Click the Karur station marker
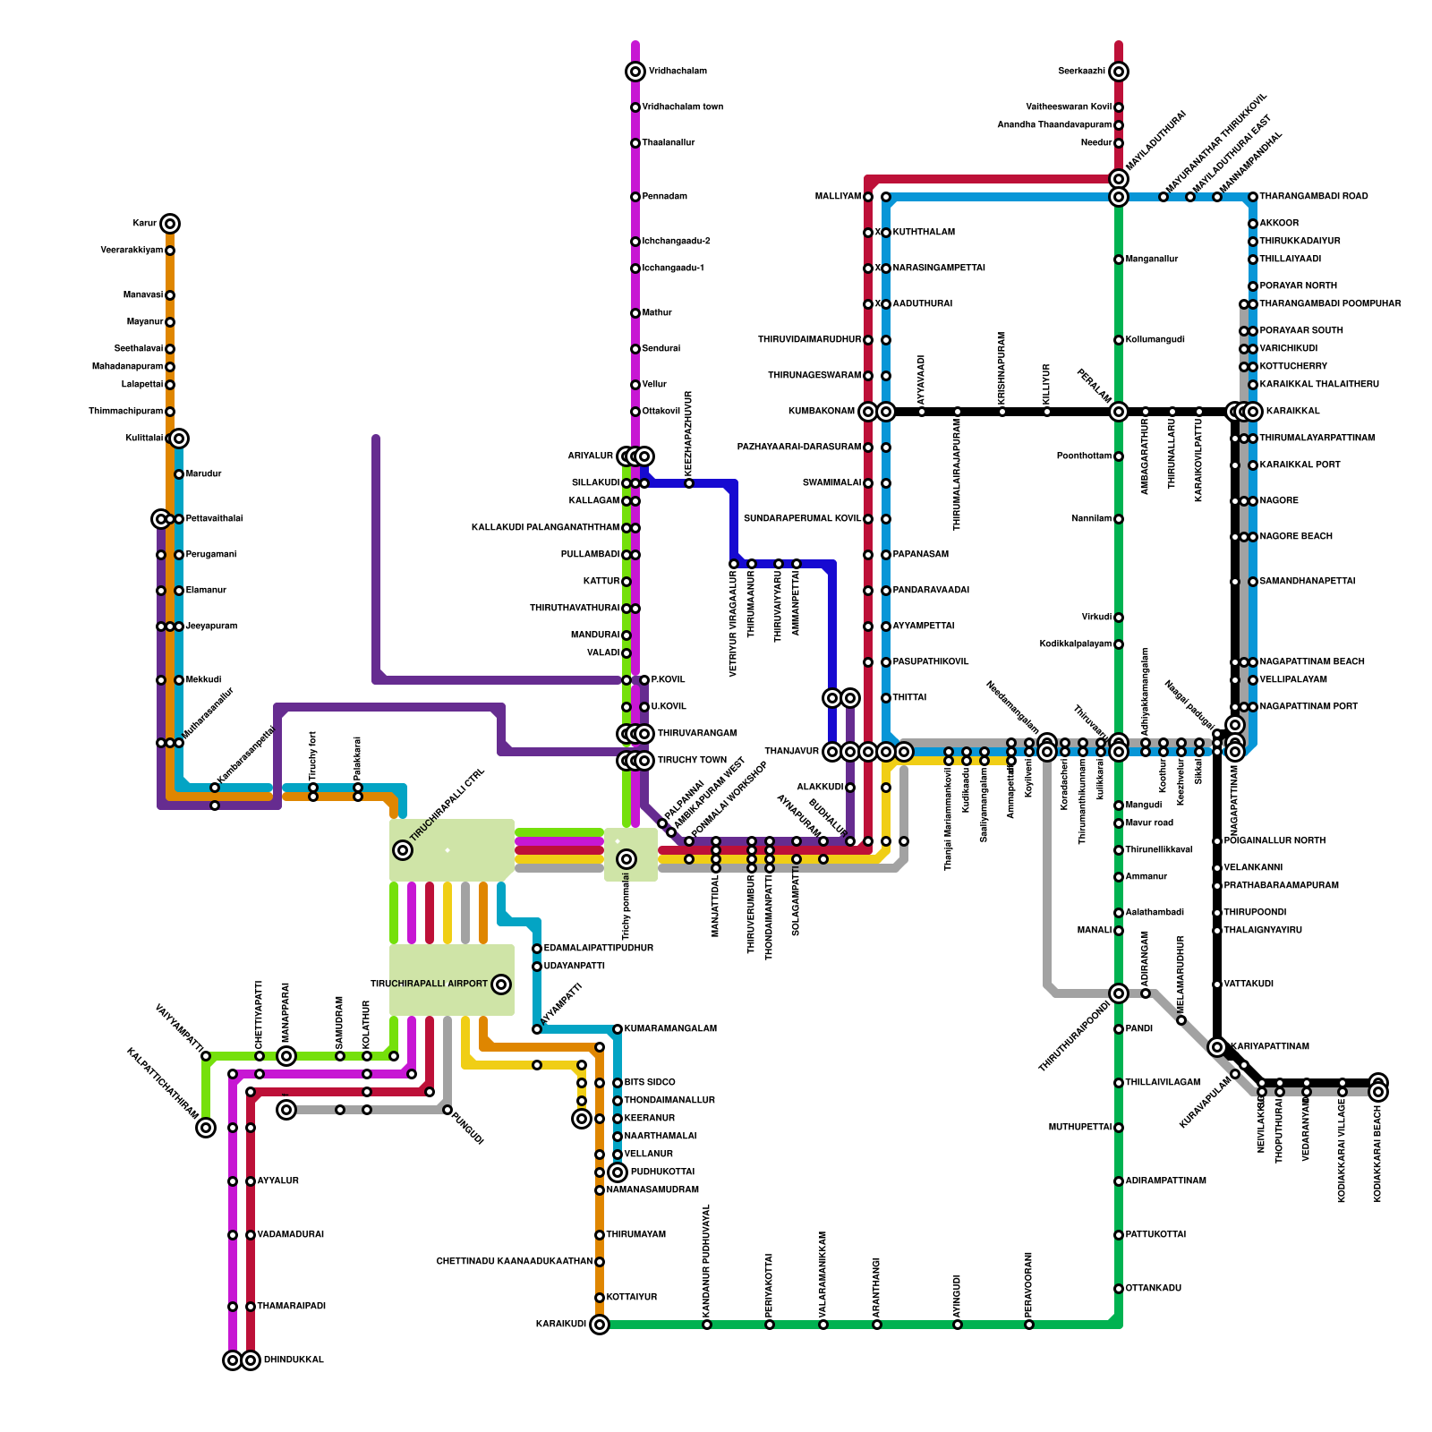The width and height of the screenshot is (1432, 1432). pyautogui.click(x=170, y=224)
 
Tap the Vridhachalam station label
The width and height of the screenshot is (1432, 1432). pyautogui.click(x=678, y=72)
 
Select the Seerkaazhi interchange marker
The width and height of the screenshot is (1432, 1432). pyautogui.click(x=1119, y=72)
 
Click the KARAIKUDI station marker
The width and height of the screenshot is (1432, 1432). pyautogui.click(x=600, y=1325)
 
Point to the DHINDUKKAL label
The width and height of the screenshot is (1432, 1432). pyautogui.click(x=294, y=1360)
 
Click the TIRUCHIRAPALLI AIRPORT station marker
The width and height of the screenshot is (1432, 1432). pyautogui.click(x=501, y=984)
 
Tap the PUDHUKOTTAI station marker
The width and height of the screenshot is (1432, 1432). pyautogui.click(x=618, y=1172)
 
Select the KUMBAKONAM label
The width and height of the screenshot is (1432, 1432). pyautogui.click(x=821, y=412)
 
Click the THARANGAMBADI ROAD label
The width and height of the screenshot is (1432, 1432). pyautogui.click(x=1314, y=197)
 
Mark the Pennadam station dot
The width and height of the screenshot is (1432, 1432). pyautogui.click(x=635, y=197)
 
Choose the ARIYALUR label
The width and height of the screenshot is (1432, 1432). pyautogui.click(x=591, y=456)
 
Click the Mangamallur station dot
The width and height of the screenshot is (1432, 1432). pyautogui.click(x=1119, y=260)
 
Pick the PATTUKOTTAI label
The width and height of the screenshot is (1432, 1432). pyautogui.click(x=1155, y=1235)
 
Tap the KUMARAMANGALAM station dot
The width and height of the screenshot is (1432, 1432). pyautogui.click(x=618, y=1029)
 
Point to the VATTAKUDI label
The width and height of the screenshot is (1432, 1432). pyautogui.click(x=1249, y=984)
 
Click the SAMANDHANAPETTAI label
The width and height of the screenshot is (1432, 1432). pyautogui.click(x=1308, y=582)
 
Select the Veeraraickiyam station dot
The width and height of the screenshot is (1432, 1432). pyautogui.click(x=170, y=251)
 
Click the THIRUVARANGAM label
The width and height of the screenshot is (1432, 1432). pyautogui.click(x=697, y=734)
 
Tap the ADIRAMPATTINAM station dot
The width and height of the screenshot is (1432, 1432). pyautogui.click(x=1119, y=1181)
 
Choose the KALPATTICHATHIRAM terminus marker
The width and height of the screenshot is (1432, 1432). pyautogui.click(x=206, y=1128)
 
